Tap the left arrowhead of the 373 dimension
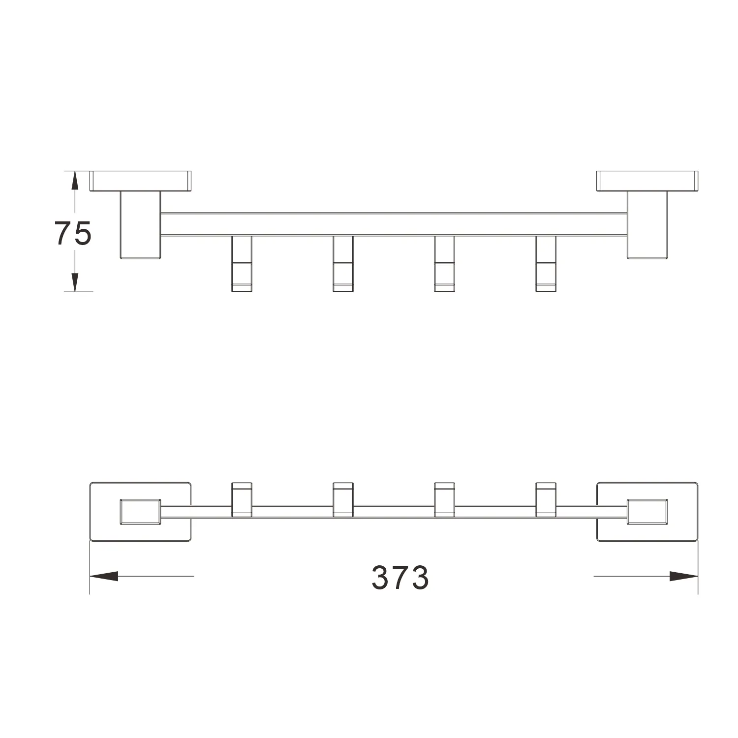[x=104, y=576]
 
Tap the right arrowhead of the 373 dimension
[x=683, y=576]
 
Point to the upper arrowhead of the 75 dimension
[x=74, y=181]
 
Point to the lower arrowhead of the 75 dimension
[x=74, y=281]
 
